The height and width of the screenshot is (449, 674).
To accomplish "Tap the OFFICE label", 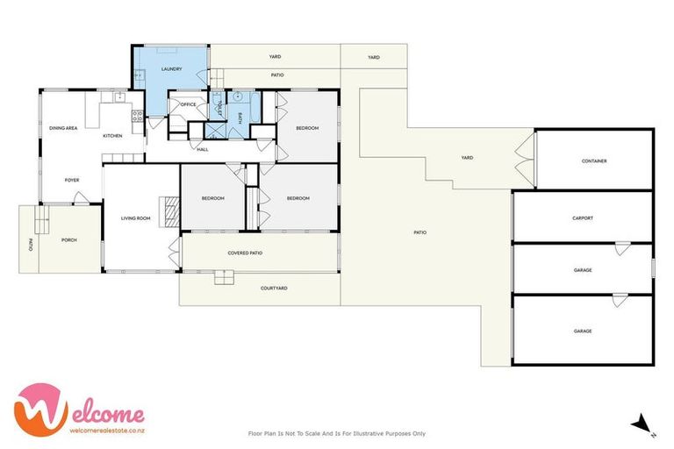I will pyautogui.click(x=187, y=104).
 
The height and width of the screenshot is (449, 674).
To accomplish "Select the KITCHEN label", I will pyautogui.click(x=112, y=136).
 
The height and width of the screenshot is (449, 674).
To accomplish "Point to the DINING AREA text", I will pyautogui.click(x=63, y=128).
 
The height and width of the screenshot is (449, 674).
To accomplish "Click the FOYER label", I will pyautogui.click(x=71, y=180).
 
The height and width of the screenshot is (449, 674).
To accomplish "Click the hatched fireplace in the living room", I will pyautogui.click(x=173, y=211).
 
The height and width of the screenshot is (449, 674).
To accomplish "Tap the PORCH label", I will pyautogui.click(x=68, y=239).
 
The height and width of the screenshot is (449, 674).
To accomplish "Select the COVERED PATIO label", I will pyautogui.click(x=245, y=253).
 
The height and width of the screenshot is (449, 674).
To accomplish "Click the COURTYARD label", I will pyautogui.click(x=274, y=288).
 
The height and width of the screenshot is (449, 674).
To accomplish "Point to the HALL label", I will pyautogui.click(x=202, y=150).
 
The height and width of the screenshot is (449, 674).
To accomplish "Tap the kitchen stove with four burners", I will pyautogui.click(x=136, y=114).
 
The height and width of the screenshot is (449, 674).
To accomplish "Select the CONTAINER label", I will pyautogui.click(x=594, y=161).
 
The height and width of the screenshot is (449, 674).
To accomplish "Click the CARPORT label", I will pyautogui.click(x=583, y=217).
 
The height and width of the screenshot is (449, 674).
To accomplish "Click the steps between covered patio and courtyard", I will pyautogui.click(x=226, y=277).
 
